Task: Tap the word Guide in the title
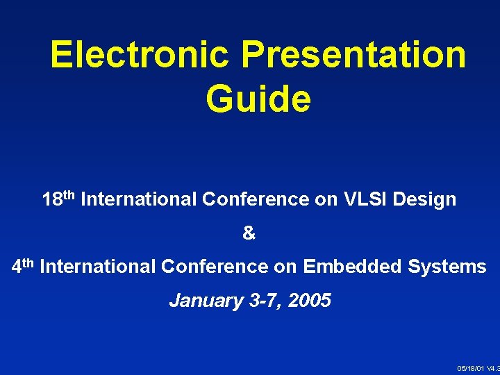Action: point(258,99)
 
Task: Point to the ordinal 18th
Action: point(59,199)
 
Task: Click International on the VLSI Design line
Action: point(139,200)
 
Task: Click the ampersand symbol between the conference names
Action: point(249,234)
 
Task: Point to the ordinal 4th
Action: point(24,265)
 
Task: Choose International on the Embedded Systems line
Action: point(99,266)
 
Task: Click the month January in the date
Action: point(206,301)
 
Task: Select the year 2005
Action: point(309,301)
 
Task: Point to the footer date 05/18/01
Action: point(471,367)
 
